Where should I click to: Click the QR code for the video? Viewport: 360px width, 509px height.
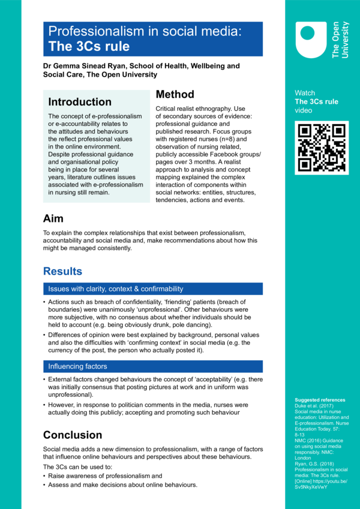click(321, 147)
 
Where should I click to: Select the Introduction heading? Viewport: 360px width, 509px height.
click(80, 102)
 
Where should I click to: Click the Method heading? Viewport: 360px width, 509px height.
click(175, 95)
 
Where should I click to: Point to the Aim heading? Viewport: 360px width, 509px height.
click(53, 218)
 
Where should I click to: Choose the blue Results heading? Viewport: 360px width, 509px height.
click(62, 271)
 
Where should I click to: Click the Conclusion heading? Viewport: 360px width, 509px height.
click(73, 435)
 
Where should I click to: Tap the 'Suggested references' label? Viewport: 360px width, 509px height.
click(320, 400)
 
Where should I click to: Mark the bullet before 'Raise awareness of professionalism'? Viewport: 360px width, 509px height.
click(45, 475)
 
